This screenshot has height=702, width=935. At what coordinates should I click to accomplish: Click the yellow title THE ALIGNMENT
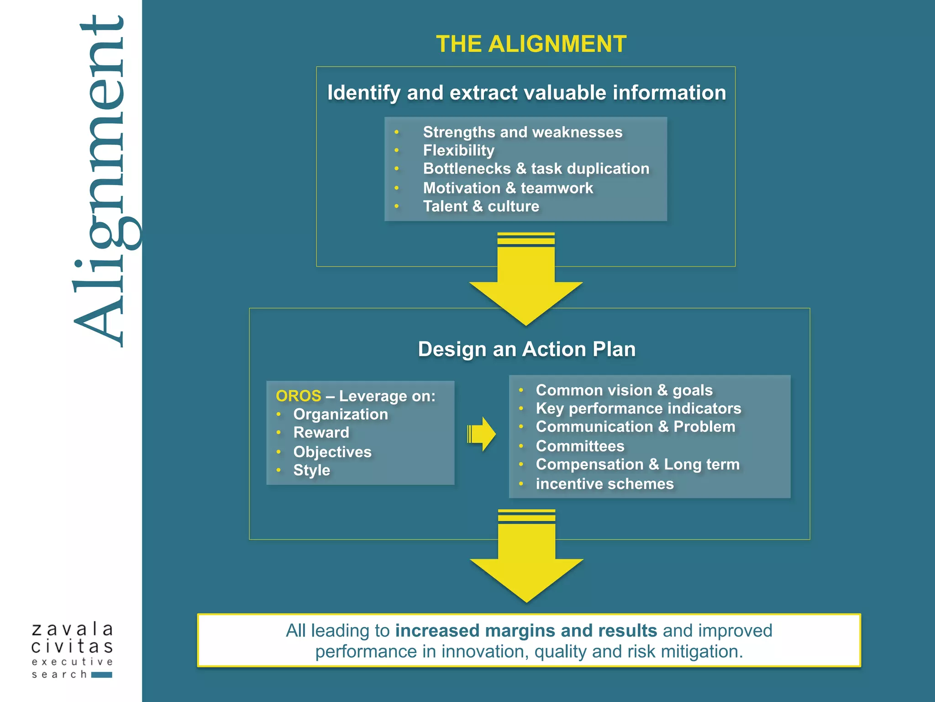pyautogui.click(x=531, y=44)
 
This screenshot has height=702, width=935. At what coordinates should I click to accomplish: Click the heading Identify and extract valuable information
pyautogui.click(x=526, y=93)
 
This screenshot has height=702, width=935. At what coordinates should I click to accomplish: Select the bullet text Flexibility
pyautogui.click(x=458, y=150)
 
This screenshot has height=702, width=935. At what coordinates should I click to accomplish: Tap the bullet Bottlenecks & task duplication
pyautogui.click(x=536, y=169)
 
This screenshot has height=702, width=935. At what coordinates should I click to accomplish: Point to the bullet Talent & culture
pyautogui.click(x=481, y=206)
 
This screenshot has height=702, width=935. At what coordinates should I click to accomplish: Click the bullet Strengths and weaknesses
pyautogui.click(x=522, y=132)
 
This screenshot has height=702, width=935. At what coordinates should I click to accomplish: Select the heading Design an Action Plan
pyautogui.click(x=526, y=349)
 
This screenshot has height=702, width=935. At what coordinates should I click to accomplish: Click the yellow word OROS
pyautogui.click(x=298, y=396)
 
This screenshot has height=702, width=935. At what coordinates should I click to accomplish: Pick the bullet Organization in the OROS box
pyautogui.click(x=340, y=414)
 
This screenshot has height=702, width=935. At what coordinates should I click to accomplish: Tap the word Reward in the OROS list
pyautogui.click(x=321, y=432)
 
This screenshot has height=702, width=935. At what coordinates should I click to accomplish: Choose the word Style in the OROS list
pyautogui.click(x=311, y=470)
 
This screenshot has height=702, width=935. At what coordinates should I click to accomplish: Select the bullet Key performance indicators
pyautogui.click(x=638, y=408)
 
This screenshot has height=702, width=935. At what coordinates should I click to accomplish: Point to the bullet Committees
pyautogui.click(x=580, y=446)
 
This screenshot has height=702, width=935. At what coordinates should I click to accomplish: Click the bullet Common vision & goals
pyautogui.click(x=624, y=390)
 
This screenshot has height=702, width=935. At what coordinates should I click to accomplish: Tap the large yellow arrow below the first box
pyautogui.click(x=526, y=283)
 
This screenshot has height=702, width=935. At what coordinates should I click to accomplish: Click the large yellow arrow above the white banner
pyautogui.click(x=526, y=560)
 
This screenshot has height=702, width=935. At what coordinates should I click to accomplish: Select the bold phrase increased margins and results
pyautogui.click(x=526, y=631)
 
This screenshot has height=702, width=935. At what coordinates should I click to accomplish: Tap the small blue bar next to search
pyautogui.click(x=102, y=675)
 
